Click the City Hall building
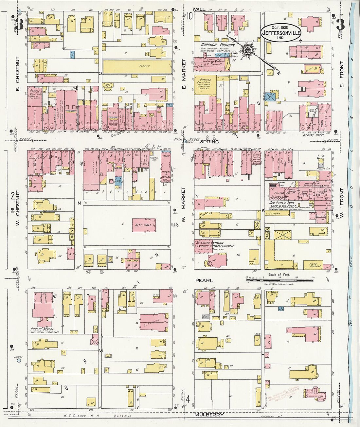[144, 225]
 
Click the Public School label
[42, 329]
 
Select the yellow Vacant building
[137, 66]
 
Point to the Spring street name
[209, 141]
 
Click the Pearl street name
[204, 280]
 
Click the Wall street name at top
[199, 9]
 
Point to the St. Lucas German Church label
[214, 244]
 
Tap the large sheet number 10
[189, 16]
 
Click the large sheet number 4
[188, 399]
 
